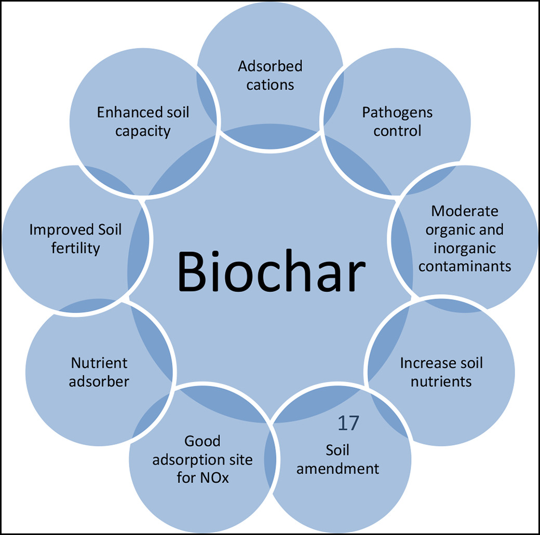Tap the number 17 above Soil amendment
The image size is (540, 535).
(x=348, y=423)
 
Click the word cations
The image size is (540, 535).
(x=270, y=84)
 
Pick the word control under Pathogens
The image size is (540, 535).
(x=398, y=131)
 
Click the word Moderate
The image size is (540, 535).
(x=465, y=211)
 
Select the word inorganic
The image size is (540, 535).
(x=465, y=248)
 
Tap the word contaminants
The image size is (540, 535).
(x=465, y=266)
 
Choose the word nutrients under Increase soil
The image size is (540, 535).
(x=441, y=381)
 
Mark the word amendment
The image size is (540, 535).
(x=338, y=468)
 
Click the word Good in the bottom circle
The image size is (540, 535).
(x=203, y=441)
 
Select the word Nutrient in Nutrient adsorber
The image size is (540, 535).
(x=99, y=363)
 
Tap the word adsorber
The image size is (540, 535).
(x=99, y=381)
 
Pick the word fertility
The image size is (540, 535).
(x=75, y=248)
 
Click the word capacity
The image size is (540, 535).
(x=143, y=131)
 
